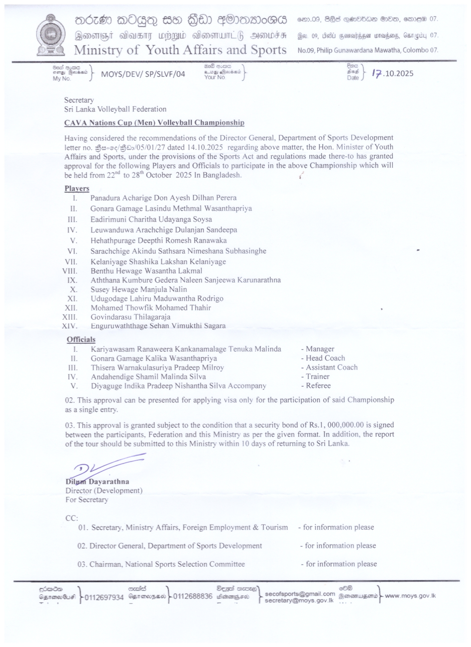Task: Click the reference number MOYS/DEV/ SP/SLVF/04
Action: point(143,74)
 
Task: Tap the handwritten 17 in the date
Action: point(377,73)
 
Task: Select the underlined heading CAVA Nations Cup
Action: point(154,123)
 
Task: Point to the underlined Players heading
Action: point(77,188)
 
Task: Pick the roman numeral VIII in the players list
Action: point(70,271)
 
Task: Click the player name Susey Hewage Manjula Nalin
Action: point(139,289)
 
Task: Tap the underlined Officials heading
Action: point(81,339)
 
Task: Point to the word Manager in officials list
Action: point(320,349)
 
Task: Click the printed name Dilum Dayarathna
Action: point(97,482)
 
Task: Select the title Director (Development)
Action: point(104,491)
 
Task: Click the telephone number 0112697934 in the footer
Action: point(104,598)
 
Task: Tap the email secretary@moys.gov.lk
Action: point(299,601)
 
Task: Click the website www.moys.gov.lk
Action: point(410,596)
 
